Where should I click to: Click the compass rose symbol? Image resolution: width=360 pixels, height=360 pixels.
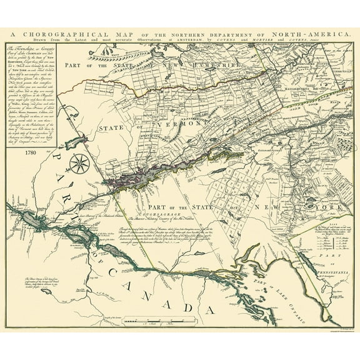[79, 164]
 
